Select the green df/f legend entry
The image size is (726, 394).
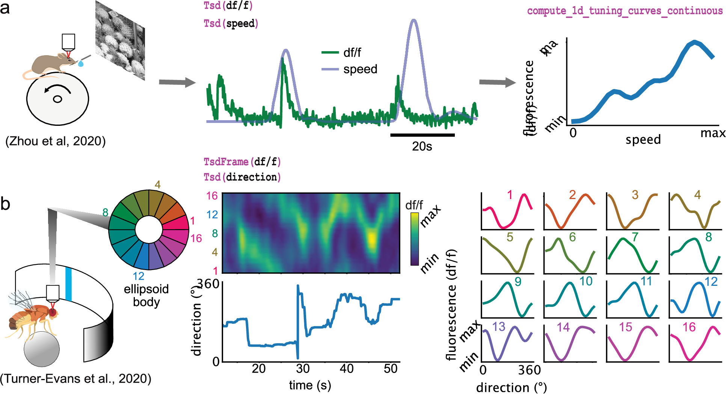pos(341,53)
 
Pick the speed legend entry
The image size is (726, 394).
pos(350,69)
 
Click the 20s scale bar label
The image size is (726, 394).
pos(422,146)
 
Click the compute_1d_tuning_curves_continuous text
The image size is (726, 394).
pos(625,11)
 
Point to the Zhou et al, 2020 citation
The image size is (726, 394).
pos(56,141)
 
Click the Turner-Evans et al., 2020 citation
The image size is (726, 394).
pos(75,378)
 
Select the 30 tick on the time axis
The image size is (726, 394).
pos(303,369)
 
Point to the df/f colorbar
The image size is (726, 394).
pos(414,239)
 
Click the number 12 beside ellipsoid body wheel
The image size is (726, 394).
pos(138,276)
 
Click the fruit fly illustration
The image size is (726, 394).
pos(32,316)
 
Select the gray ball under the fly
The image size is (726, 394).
pos(41,349)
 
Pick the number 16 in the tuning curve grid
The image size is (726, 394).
pos(689,327)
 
